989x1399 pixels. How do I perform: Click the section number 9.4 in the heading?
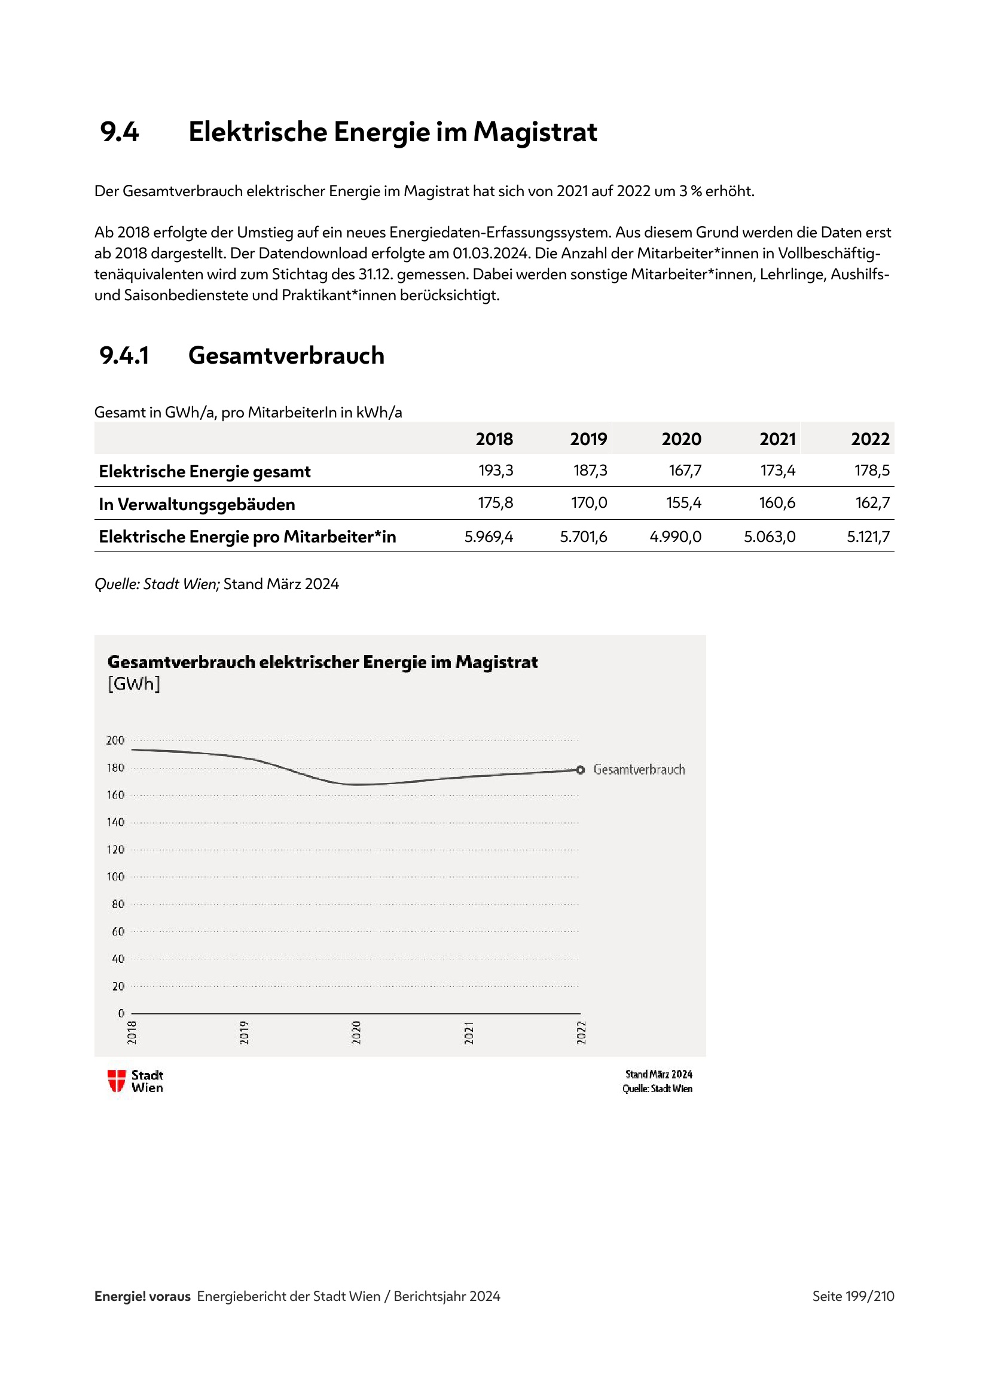120,132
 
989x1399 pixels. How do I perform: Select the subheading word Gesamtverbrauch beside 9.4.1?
286,356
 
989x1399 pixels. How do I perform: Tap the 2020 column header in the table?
681,440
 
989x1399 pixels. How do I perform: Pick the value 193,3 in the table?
495,470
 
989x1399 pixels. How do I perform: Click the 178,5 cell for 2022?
871,470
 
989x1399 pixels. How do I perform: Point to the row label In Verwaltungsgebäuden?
197,505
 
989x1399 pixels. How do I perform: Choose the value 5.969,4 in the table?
489,537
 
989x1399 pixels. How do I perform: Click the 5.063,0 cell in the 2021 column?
769,537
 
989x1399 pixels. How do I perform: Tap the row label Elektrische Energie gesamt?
204,471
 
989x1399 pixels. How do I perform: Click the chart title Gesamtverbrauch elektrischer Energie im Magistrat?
322,662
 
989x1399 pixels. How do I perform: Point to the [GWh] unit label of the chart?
134,684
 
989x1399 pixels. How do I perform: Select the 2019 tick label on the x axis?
244,1032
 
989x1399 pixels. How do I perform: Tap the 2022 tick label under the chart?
582,1032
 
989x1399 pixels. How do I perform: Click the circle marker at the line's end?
581,770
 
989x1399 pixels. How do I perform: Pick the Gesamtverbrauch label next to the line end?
639,770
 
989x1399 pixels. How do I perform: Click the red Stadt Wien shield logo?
117,1081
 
